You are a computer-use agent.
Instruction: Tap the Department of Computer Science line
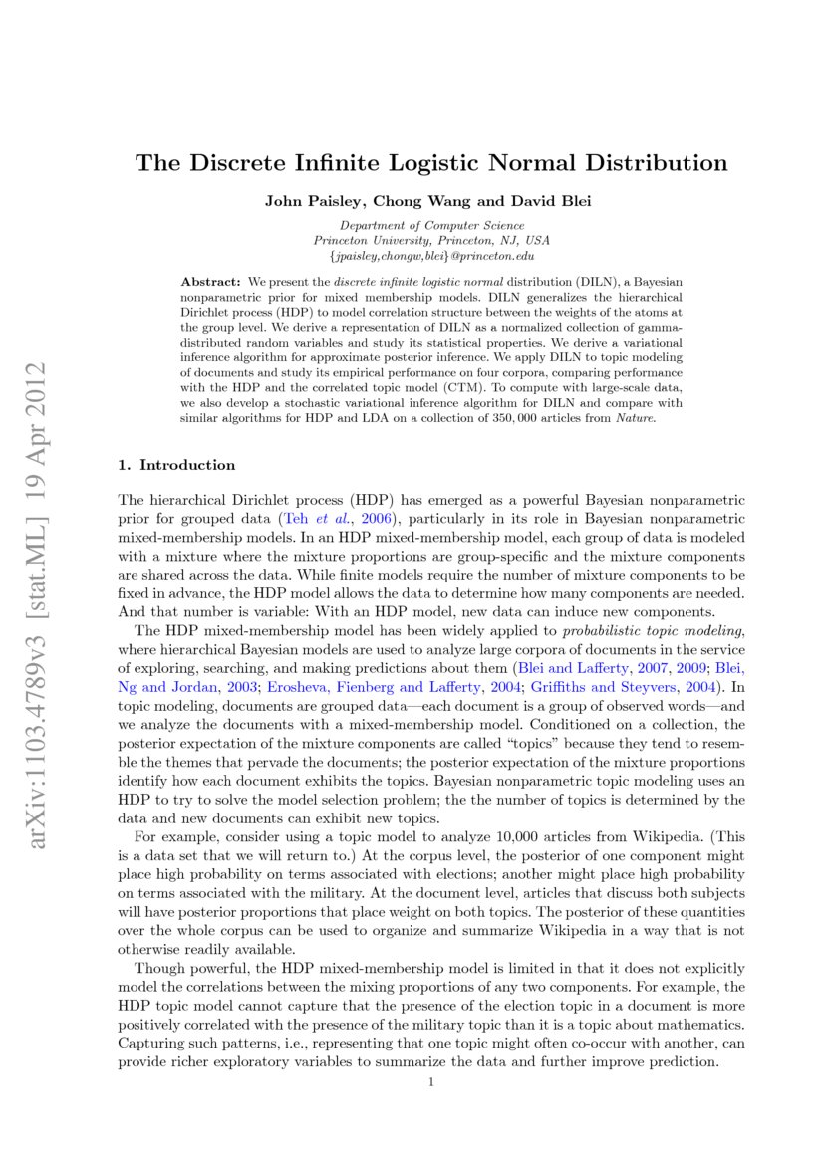point(431,226)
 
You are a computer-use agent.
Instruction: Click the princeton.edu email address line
point(431,256)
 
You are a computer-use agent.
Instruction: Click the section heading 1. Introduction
point(176,465)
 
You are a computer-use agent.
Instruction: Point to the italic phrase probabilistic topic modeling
point(652,630)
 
